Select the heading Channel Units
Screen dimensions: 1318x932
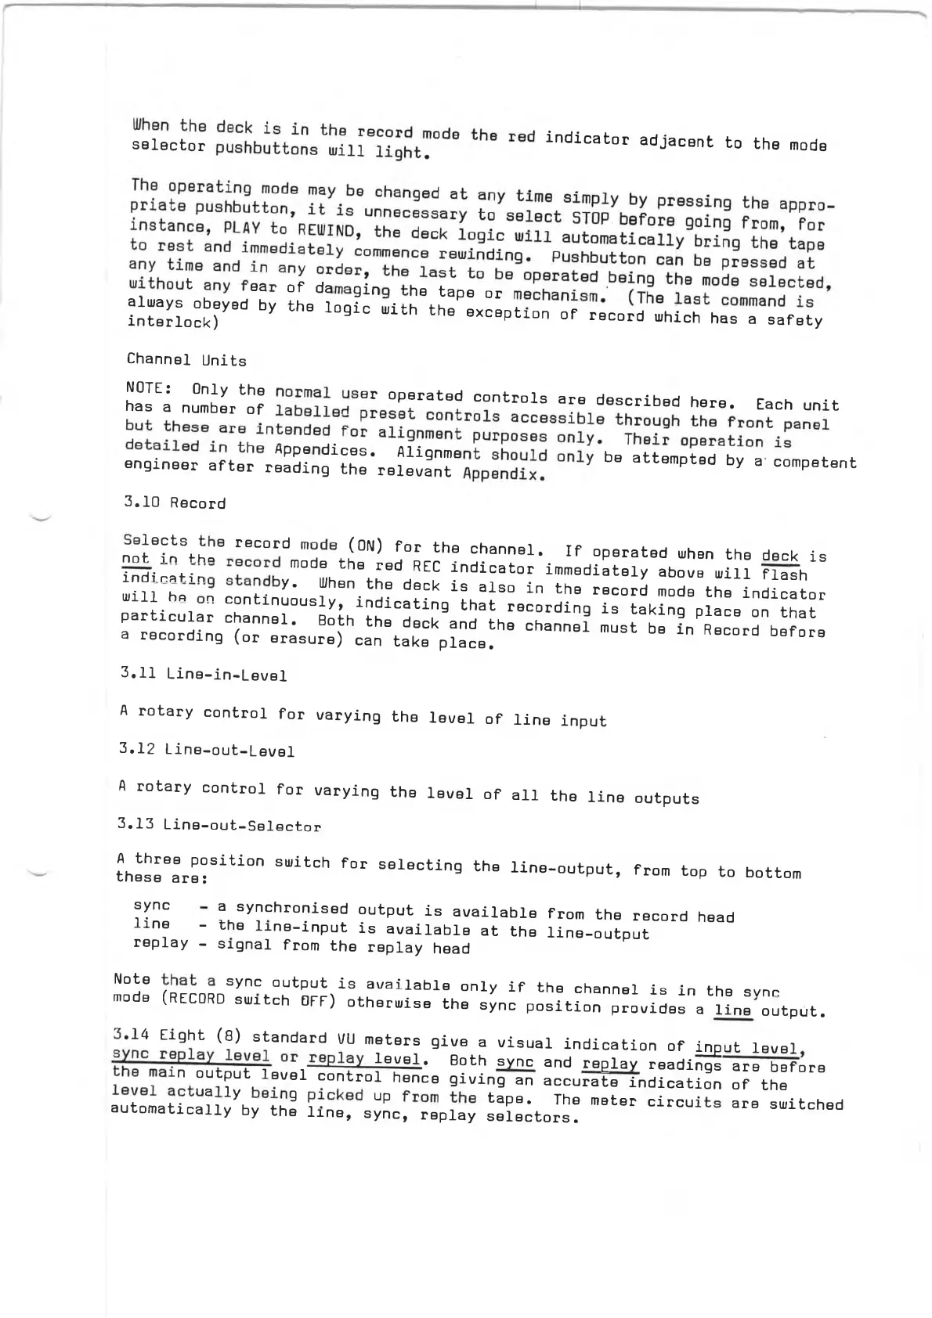pos(186,360)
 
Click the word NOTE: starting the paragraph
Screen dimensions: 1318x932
pos(148,388)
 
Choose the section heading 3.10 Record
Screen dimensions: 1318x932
pos(175,502)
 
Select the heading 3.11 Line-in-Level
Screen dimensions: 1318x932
pos(204,674)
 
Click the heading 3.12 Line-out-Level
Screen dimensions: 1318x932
pos(207,750)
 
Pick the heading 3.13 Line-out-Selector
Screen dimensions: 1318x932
pos(219,825)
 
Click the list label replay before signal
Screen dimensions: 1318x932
pos(161,942)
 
